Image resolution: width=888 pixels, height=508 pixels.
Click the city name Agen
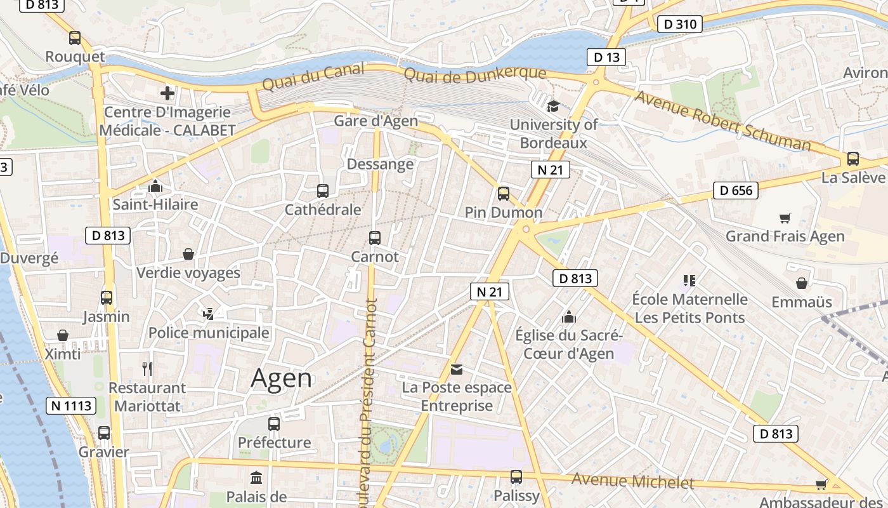[x=282, y=378]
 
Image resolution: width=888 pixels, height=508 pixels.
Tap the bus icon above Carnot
[x=375, y=238]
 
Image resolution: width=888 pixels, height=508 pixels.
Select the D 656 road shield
[x=736, y=190]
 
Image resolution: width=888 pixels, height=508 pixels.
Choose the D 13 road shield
[x=606, y=57]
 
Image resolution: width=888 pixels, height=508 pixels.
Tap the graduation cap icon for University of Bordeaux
[x=553, y=106]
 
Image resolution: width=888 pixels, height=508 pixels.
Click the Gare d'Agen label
[x=376, y=121]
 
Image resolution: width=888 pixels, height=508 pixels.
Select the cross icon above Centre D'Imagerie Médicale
[x=167, y=94]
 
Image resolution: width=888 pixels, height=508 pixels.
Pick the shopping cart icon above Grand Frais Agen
[x=785, y=218]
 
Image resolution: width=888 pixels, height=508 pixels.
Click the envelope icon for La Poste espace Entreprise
[x=457, y=369]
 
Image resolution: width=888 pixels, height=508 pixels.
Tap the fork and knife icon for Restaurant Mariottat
[x=147, y=368]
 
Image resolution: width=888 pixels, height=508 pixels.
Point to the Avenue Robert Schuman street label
[x=722, y=121]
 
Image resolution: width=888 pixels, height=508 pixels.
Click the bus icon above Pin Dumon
[x=504, y=194]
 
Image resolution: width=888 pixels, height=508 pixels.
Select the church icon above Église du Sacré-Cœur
[x=569, y=316]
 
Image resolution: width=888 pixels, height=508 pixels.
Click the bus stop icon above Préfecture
[x=274, y=424]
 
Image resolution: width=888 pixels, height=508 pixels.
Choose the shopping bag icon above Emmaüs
[x=802, y=283]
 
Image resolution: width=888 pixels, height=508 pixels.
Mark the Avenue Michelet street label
[x=632, y=481]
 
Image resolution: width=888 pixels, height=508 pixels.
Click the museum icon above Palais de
[x=256, y=478]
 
